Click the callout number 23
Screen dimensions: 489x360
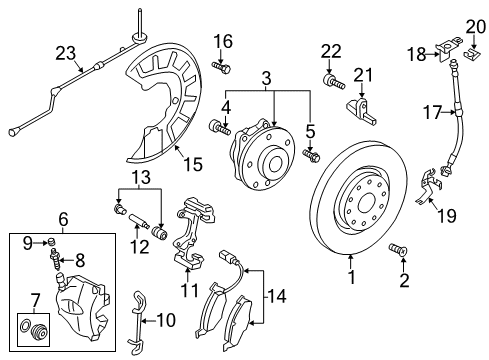click(66, 53)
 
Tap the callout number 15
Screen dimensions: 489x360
click(193, 164)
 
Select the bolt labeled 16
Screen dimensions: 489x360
click(222, 68)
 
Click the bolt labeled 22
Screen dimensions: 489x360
click(334, 82)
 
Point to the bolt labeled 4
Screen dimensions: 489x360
click(220, 128)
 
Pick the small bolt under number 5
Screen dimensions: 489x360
click(311, 156)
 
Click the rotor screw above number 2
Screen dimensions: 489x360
click(398, 250)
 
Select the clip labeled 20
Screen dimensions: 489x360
click(471, 52)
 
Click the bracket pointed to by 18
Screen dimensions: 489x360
click(449, 49)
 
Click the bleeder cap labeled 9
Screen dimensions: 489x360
click(51, 241)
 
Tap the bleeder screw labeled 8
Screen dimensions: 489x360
click(56, 259)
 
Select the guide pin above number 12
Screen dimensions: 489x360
click(138, 220)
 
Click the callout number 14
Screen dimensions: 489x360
click(277, 296)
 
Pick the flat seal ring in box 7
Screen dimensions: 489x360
click(25, 325)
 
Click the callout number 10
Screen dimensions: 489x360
click(166, 320)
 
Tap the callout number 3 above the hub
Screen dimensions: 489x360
click(266, 79)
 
